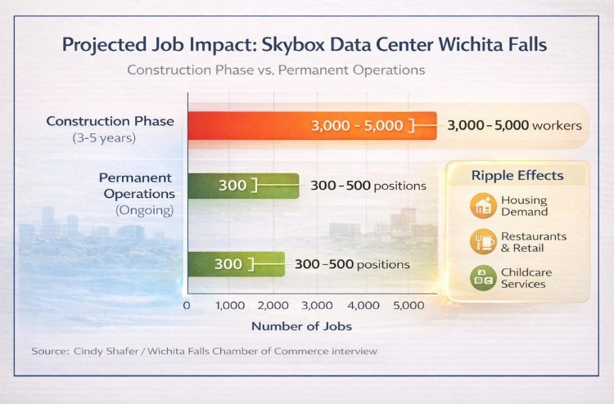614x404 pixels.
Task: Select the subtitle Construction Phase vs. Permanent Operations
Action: pos(276,70)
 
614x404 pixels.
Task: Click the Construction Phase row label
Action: pos(110,121)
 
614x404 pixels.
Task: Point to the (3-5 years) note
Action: pos(103,137)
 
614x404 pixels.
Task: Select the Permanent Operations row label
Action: pos(137,186)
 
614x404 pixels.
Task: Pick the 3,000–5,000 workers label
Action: pos(514,126)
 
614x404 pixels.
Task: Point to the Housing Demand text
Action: pos(524,206)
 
